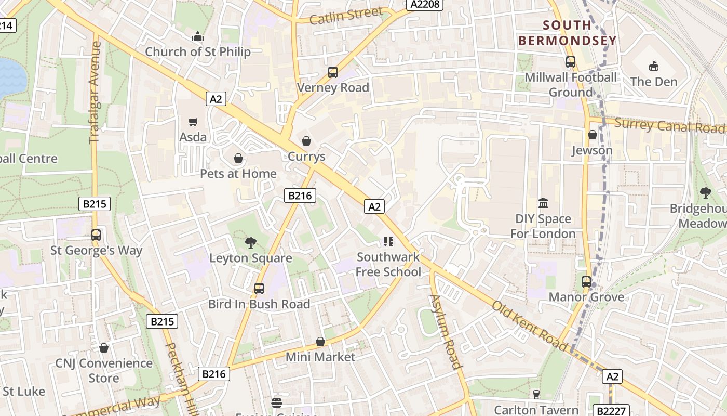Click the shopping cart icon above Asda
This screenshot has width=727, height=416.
point(193,122)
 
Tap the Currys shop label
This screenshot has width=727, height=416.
point(306,157)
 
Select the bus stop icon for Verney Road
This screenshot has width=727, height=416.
point(333,72)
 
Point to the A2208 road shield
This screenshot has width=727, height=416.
point(424,5)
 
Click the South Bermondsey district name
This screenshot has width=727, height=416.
point(567,33)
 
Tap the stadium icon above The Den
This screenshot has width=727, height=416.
point(654,66)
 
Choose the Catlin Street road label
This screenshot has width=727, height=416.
point(346,16)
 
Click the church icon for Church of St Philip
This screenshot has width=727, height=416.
point(197,36)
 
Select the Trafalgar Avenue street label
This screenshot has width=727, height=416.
point(95,93)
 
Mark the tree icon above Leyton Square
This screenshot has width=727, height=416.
point(251,242)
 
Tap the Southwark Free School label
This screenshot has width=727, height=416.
point(389,264)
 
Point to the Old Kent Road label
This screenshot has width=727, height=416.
point(530,326)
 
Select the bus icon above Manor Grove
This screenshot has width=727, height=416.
point(586,282)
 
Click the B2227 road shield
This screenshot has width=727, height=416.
point(612,411)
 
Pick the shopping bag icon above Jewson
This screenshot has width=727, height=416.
point(592,135)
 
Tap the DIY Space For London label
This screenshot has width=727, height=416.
point(543,226)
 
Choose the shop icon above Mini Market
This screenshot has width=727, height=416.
point(320,342)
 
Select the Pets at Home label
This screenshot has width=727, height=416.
point(238,174)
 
